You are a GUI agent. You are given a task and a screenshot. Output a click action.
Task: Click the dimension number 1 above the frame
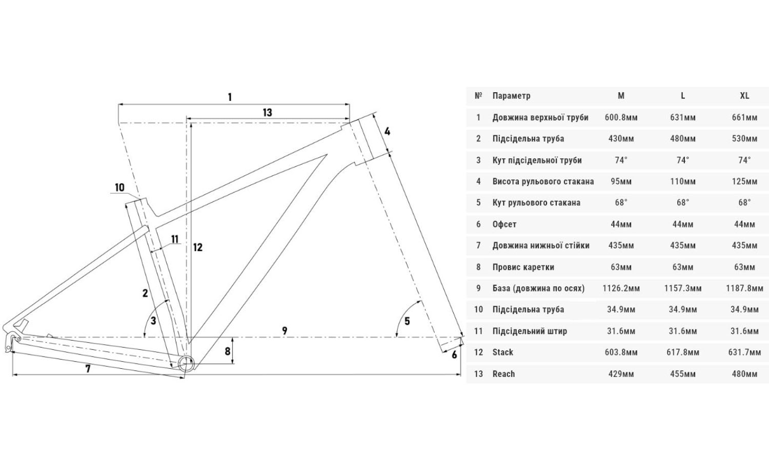(x=230, y=97)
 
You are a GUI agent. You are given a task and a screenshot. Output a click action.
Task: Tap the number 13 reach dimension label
(x=267, y=113)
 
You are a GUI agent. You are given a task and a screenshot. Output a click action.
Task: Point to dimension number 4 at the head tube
(x=388, y=132)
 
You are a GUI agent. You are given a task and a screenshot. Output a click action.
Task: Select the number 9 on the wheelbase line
(x=285, y=331)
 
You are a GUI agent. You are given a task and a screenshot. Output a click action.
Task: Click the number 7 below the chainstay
(x=88, y=368)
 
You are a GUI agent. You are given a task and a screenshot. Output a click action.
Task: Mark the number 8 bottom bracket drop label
(x=228, y=351)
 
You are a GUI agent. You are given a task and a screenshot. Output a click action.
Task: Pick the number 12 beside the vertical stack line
(x=198, y=247)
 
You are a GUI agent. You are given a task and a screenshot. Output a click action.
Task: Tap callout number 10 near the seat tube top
(x=119, y=187)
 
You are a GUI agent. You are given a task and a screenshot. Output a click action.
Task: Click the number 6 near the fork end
(x=454, y=354)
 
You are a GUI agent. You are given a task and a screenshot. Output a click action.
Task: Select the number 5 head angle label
(x=407, y=322)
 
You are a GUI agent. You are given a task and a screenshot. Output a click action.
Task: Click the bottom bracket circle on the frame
(x=185, y=363)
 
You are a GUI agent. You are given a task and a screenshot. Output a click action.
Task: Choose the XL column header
(x=744, y=96)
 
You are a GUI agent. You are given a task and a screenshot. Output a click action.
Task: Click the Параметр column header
(x=511, y=96)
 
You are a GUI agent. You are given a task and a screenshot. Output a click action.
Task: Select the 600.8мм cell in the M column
(x=621, y=117)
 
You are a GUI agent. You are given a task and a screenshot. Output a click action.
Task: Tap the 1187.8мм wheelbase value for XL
(x=744, y=288)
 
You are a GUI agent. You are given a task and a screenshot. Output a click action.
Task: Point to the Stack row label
(x=502, y=352)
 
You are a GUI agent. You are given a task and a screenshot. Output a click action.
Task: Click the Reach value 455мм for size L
(x=683, y=374)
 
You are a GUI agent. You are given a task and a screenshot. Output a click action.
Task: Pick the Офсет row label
(x=504, y=224)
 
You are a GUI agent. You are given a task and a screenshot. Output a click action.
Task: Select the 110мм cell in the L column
(x=683, y=181)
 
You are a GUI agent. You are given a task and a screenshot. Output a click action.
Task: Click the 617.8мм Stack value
(x=683, y=352)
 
